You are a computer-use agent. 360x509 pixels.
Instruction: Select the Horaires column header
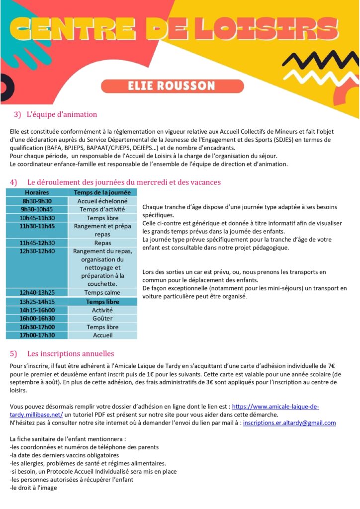36,192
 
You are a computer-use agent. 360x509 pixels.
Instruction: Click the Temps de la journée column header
102,192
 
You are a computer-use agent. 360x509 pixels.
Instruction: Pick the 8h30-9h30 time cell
36,201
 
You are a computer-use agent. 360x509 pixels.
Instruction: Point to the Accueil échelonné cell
102,201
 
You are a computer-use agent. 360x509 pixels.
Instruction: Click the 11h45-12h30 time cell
36,243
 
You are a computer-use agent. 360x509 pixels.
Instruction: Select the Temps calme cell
102,292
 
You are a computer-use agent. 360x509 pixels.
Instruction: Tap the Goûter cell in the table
102,318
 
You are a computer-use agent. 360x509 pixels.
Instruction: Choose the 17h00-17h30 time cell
36,335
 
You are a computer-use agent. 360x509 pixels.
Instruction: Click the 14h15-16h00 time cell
36,310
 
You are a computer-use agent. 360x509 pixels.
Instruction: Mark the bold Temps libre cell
102,301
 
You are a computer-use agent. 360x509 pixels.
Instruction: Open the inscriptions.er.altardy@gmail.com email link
289,423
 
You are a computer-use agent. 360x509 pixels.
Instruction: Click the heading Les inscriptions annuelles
71,353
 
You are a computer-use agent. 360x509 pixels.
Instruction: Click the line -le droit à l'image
33,488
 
